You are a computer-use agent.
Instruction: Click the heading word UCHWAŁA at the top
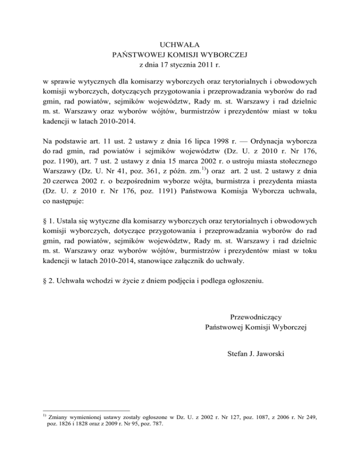point(180,45)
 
